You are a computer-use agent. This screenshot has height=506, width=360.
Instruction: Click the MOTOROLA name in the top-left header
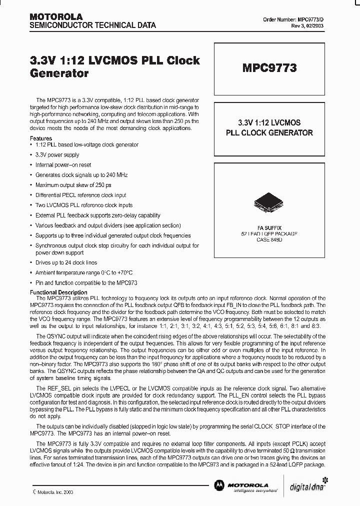(x=51, y=17)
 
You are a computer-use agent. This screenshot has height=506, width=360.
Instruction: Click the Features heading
(x=41, y=138)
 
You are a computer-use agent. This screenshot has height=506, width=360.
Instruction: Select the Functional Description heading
(x=58, y=292)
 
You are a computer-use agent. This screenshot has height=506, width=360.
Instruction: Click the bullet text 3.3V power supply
(x=57, y=155)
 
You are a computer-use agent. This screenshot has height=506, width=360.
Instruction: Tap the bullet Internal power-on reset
(x=63, y=165)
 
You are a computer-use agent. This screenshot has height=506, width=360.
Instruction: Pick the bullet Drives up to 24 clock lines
(x=66, y=262)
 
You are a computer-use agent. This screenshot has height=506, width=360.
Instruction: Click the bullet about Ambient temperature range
(x=83, y=272)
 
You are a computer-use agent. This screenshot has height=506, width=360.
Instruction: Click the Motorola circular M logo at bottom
(x=218, y=485)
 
